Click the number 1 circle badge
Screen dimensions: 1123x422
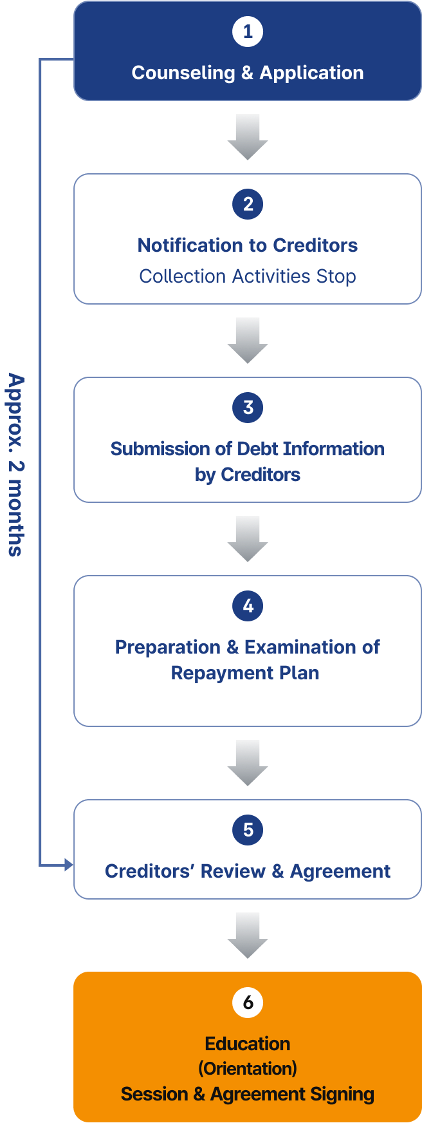pos(248,32)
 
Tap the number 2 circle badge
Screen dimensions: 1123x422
pos(248,204)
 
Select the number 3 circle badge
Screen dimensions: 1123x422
pos(248,408)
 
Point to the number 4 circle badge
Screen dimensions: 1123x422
pos(248,606)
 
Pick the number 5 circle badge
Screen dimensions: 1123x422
pos(248,830)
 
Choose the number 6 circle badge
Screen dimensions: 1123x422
pos(248,1003)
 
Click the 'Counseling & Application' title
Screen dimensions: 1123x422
pos(248,73)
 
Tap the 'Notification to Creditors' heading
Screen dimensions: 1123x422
pos(248,245)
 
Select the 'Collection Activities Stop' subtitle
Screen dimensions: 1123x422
pos(248,276)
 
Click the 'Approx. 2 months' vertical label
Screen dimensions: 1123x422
pos(16,464)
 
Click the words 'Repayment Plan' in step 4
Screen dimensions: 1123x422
pos(245,673)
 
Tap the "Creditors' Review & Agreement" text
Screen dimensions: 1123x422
pos(248,871)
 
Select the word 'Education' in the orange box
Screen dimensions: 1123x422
pos(248,1044)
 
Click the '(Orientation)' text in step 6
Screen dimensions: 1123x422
pos(248,1069)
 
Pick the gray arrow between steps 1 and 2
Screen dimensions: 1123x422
pos(248,137)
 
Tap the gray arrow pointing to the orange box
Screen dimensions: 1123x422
pos(248,936)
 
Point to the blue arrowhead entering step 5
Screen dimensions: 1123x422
pos(69,865)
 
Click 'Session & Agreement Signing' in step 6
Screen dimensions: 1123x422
pos(248,1095)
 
